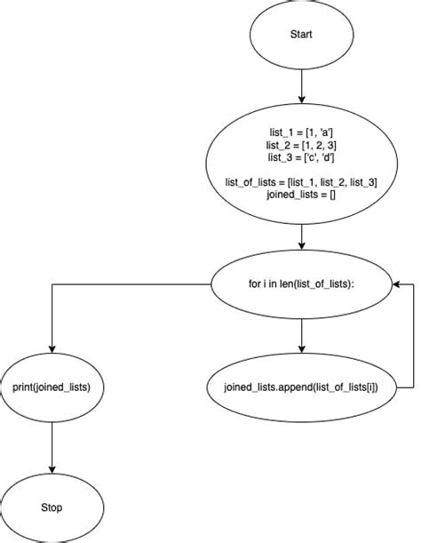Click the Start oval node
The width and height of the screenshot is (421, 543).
tap(302, 35)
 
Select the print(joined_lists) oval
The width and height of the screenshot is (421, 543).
tap(52, 387)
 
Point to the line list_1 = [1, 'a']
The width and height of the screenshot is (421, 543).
tap(302, 132)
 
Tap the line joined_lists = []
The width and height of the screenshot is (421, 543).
tap(302, 195)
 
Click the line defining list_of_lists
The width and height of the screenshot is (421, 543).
tap(302, 182)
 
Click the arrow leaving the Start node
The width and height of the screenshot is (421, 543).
tap(302, 84)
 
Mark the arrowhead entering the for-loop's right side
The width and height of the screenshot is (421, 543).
tap(401, 284)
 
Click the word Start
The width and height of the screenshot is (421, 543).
tap(302, 35)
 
